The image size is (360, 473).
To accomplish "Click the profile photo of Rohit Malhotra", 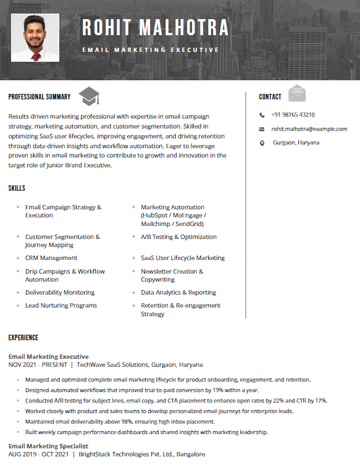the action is point(35,38).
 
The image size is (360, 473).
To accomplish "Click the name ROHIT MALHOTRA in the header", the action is point(155,28).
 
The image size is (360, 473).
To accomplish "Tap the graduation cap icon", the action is point(89,96).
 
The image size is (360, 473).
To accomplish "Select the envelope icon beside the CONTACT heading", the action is point(297,93).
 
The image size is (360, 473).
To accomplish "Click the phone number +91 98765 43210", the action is point(293,115).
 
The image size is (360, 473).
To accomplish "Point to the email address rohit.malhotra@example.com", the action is point(309,129).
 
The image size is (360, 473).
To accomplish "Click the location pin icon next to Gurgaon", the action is point(262,143).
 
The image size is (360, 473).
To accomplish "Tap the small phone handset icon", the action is point(262,115).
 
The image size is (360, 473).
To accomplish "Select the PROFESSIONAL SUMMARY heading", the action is point(40,97).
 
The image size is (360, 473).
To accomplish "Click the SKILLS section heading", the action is point(17,188).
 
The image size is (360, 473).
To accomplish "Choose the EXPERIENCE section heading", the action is point(23,338).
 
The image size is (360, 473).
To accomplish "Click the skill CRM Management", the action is point(51,258).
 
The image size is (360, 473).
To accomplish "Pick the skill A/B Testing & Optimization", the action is point(178,237).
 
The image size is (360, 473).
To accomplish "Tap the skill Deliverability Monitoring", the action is point(60,293).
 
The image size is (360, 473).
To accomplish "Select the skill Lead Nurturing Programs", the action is point(61,306).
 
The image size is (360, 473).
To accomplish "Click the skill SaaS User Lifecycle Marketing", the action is point(183,258).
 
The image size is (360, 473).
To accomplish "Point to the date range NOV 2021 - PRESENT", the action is point(38,365).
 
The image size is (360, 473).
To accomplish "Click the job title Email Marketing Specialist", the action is point(48,446).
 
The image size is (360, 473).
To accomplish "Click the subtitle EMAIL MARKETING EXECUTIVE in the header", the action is point(151,49).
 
